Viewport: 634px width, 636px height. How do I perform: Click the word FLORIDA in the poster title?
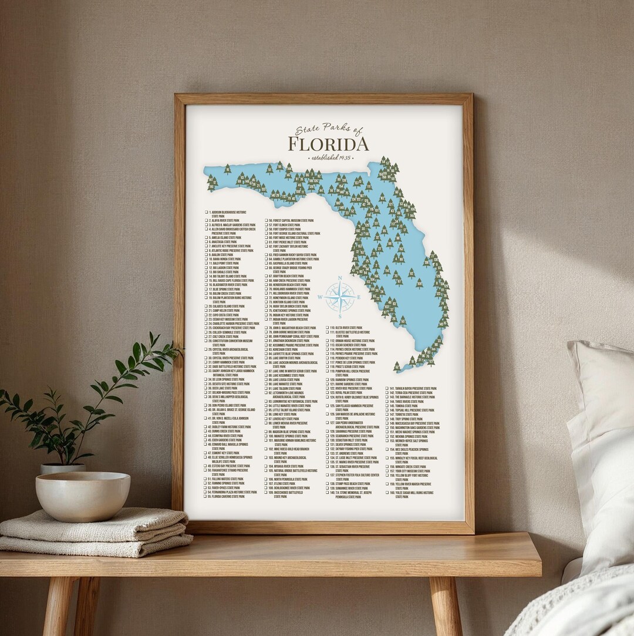tap(328, 144)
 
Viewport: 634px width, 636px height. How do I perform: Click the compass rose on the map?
tap(340, 297)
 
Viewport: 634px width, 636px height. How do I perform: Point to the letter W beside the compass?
tap(320, 297)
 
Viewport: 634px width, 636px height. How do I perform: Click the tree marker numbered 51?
tap(269, 169)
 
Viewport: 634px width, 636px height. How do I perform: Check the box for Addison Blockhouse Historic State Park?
tap(207, 211)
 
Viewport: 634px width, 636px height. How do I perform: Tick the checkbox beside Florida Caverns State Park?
tap(207, 496)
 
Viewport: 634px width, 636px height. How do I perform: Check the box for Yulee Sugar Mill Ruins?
tap(388, 492)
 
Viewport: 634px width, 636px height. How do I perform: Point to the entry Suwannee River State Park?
tap(349, 488)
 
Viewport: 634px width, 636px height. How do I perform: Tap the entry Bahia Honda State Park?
tap(226, 259)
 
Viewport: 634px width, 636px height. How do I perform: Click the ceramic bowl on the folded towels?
tap(82, 496)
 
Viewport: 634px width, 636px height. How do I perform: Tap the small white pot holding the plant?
tap(62, 468)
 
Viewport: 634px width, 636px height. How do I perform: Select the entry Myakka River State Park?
tap(288, 466)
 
